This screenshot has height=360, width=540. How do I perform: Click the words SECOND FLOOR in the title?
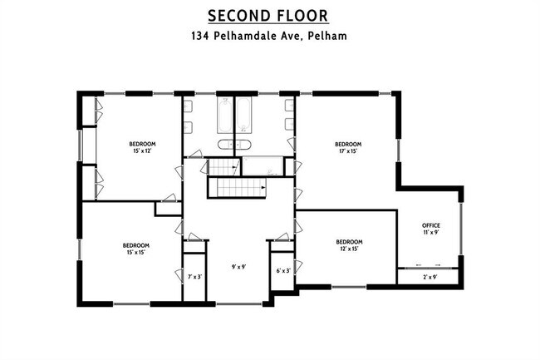pyautogui.click(x=268, y=16)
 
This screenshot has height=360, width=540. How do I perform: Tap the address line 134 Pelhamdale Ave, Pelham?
pyautogui.click(x=269, y=36)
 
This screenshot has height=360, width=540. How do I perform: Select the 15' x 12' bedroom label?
pyautogui.click(x=142, y=147)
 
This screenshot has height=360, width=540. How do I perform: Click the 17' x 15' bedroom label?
pyautogui.click(x=348, y=147)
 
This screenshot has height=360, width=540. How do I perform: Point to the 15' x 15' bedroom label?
pyautogui.click(x=136, y=249)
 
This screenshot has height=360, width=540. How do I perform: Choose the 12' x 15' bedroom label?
pyautogui.click(x=349, y=245)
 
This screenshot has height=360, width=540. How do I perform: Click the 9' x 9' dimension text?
pyautogui.click(x=238, y=267)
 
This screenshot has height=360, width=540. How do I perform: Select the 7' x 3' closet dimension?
pyautogui.click(x=194, y=276)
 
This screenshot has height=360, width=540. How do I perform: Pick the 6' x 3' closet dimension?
pyautogui.click(x=283, y=271)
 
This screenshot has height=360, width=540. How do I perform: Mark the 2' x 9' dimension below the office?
pyautogui.click(x=430, y=277)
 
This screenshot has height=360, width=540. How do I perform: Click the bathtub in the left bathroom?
pyautogui.click(x=225, y=115)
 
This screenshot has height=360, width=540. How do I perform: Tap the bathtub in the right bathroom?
pyautogui.click(x=243, y=115)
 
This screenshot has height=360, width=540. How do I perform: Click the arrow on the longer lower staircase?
pyautogui.click(x=264, y=187)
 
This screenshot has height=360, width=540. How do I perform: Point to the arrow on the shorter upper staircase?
pyautogui.click(x=235, y=167)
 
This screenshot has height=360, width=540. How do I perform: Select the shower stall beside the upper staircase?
pyautogui.click(x=263, y=166)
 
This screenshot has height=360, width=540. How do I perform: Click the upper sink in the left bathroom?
pyautogui.click(x=188, y=106)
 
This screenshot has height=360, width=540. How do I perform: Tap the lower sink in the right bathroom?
pyautogui.click(x=289, y=124)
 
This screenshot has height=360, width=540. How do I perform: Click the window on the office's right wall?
pyautogui.click(x=461, y=229)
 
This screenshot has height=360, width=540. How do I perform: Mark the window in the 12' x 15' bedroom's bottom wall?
pyautogui.click(x=349, y=287)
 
